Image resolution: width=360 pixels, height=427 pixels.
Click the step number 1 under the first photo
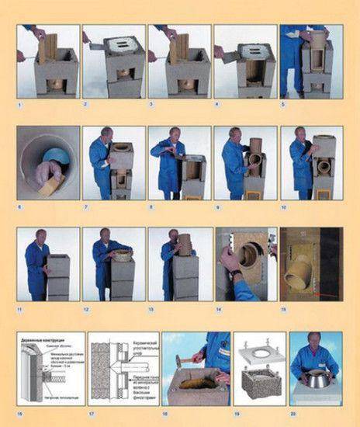pyautogui.click(x=19, y=102)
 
